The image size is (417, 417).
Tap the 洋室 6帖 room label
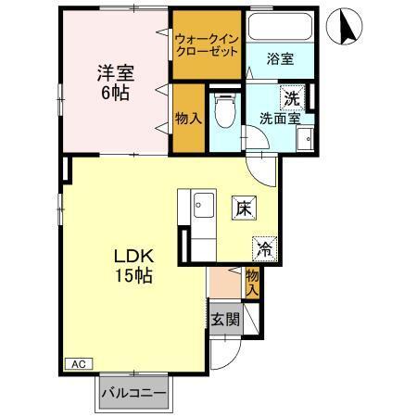tap(116, 82)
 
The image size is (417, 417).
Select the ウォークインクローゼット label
tap(207, 44)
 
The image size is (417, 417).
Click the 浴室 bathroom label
tap(280, 59)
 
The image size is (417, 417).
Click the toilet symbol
tap(223, 111)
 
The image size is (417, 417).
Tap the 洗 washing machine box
tap(292, 96)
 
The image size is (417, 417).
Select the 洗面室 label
tap(279, 119)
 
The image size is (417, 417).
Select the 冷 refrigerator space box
tap(264, 247)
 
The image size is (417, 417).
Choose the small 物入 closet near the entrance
tap(252, 282)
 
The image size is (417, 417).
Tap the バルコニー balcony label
tap(134, 393)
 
